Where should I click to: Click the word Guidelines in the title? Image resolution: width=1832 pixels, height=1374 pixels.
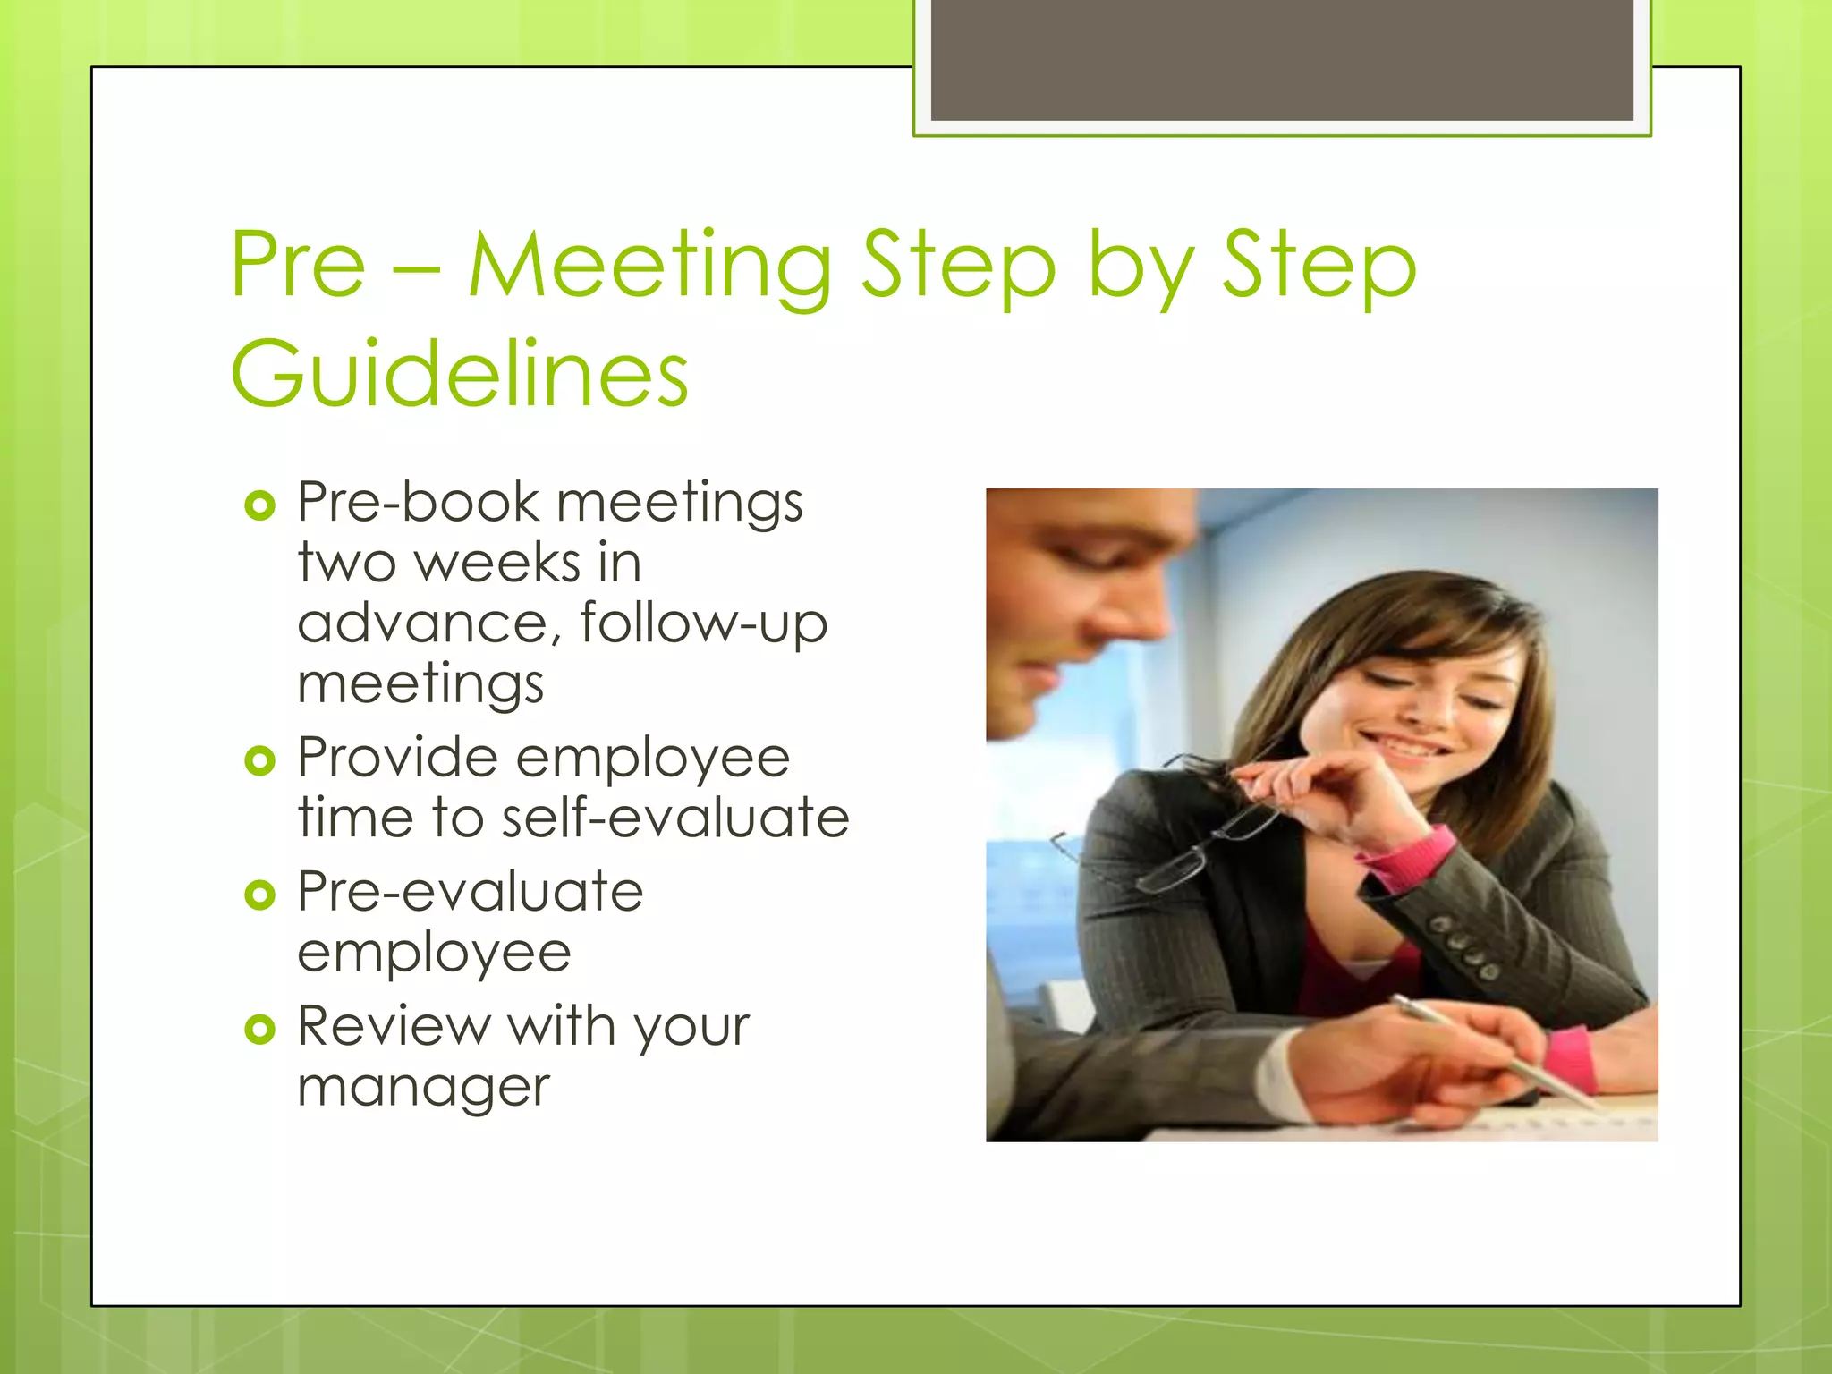[x=459, y=373]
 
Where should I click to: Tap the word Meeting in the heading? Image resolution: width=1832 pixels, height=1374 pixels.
[x=650, y=266]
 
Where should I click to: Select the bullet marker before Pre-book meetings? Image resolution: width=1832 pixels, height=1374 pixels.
[x=259, y=506]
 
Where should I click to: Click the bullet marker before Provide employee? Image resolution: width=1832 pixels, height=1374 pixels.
[x=259, y=761]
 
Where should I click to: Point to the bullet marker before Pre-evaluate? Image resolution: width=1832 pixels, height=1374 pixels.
[x=259, y=895]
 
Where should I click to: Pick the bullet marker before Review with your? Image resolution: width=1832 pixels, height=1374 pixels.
[x=259, y=1030]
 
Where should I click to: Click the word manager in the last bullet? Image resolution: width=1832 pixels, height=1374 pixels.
[x=423, y=1089]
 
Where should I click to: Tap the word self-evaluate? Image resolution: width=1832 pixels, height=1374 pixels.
[x=675, y=818]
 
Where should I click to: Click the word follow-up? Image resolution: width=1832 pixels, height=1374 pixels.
[x=704, y=623]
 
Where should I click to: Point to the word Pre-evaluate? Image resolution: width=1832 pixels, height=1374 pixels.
[x=470, y=893]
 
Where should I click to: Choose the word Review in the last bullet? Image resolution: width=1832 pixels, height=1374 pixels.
[x=394, y=1026]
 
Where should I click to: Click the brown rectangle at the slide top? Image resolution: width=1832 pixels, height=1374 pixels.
[x=1282, y=60]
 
